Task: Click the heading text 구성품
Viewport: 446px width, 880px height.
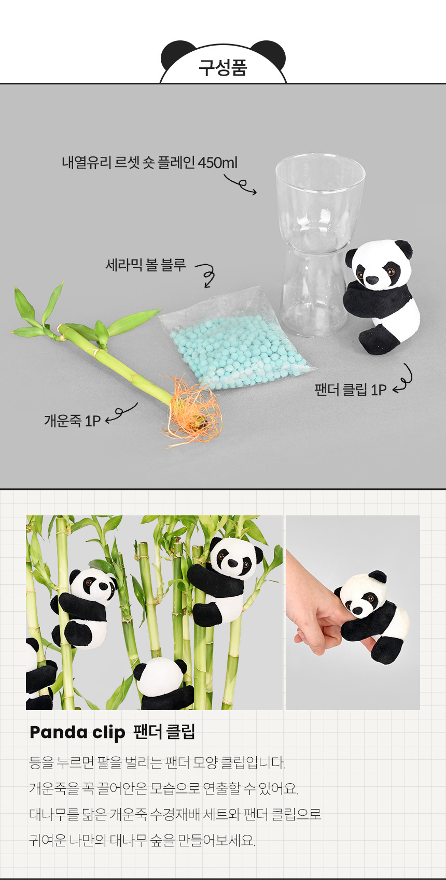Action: point(222,67)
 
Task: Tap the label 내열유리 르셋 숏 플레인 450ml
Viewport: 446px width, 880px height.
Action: point(149,162)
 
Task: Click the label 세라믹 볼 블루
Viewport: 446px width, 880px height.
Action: point(146,265)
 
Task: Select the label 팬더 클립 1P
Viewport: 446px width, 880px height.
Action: point(351,389)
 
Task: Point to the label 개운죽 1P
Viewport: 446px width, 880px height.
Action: point(73,421)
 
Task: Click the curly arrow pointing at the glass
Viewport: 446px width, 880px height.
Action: point(241,184)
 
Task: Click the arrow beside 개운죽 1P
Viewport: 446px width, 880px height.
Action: point(121,412)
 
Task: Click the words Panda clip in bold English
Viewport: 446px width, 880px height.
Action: point(77,732)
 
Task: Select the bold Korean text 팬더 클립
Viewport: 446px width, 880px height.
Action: point(164,731)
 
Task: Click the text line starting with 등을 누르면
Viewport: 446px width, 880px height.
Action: point(157,762)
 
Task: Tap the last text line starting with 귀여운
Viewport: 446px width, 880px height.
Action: point(143,840)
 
